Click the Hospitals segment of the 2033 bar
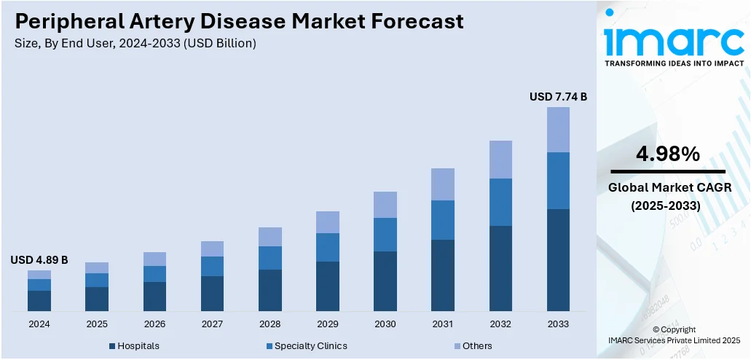coord(558,260)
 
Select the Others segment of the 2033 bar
coord(558,130)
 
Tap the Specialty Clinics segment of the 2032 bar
coord(500,202)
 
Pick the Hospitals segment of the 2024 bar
coord(39,301)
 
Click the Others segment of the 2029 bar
coord(327,222)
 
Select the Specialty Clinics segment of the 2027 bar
coord(212,266)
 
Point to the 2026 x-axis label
coord(154,324)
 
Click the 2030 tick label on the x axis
coord(385,324)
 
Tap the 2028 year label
coord(270,324)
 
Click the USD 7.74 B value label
coord(558,96)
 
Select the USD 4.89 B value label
coord(39,259)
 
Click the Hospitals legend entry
coord(134,345)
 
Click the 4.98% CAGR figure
coord(668,154)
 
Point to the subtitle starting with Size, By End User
coord(135,44)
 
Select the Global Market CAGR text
coord(668,189)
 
